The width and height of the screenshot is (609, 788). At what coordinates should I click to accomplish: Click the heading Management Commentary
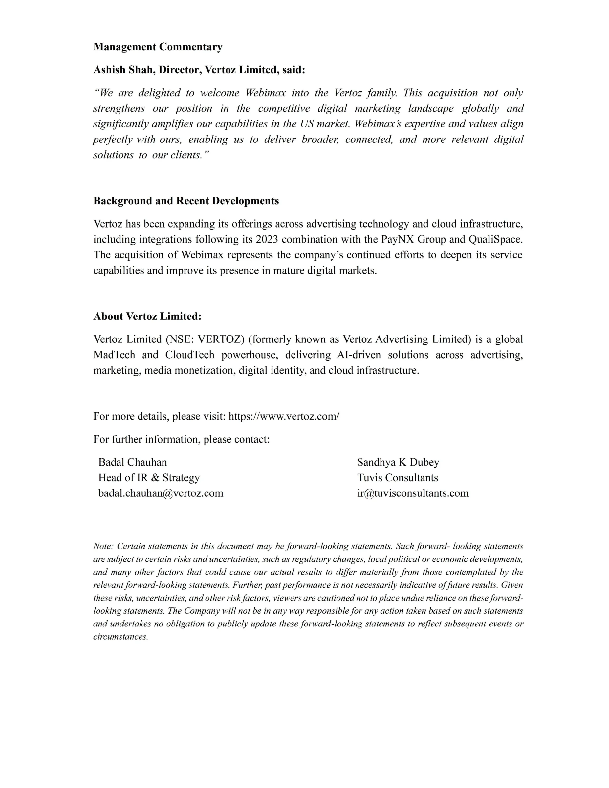[158, 47]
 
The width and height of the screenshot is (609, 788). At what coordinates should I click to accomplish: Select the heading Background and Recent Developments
[186, 201]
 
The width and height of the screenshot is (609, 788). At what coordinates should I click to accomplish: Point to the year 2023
[267, 240]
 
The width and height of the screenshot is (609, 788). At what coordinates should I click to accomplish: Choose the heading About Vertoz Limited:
[147, 317]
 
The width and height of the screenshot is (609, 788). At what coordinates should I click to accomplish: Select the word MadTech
[114, 355]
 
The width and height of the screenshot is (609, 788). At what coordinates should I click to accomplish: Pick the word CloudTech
[189, 355]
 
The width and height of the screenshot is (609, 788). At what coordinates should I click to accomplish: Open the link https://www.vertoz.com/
[284, 416]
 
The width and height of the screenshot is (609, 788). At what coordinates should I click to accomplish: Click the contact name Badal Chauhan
[132, 462]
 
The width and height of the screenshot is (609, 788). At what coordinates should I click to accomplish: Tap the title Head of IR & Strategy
[149, 478]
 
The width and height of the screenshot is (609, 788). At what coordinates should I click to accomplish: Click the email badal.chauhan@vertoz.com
[161, 493]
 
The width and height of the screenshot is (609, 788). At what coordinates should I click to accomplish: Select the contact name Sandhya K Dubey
[398, 462]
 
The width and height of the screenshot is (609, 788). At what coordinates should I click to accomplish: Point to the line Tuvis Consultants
[397, 478]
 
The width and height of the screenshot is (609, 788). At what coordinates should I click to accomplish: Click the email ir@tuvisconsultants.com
[413, 493]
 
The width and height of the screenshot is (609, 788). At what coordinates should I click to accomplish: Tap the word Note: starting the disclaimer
[103, 546]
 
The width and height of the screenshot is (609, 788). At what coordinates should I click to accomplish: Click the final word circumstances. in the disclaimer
[120, 637]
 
